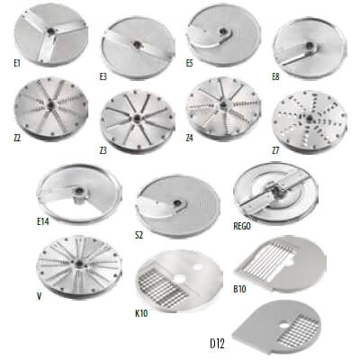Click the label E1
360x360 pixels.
pos(17,63)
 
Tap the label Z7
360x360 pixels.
pos(275,150)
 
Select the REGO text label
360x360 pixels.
pos(242,226)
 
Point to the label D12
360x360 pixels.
pos(217,344)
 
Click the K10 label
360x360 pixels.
pos(141,313)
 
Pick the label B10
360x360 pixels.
pos(239,289)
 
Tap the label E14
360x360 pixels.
pos(43,221)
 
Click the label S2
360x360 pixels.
pos(139,235)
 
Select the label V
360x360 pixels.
pos(39,296)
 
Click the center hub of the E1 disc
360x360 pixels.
pos(51,31)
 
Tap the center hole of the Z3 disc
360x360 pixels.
pos(138,117)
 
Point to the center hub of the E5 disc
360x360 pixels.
pos(224,31)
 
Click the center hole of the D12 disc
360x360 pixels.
pos(283,327)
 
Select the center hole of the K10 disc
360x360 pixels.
pos(181,278)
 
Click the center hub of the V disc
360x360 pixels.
pos(79,264)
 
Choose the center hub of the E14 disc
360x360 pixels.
pos(80,192)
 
